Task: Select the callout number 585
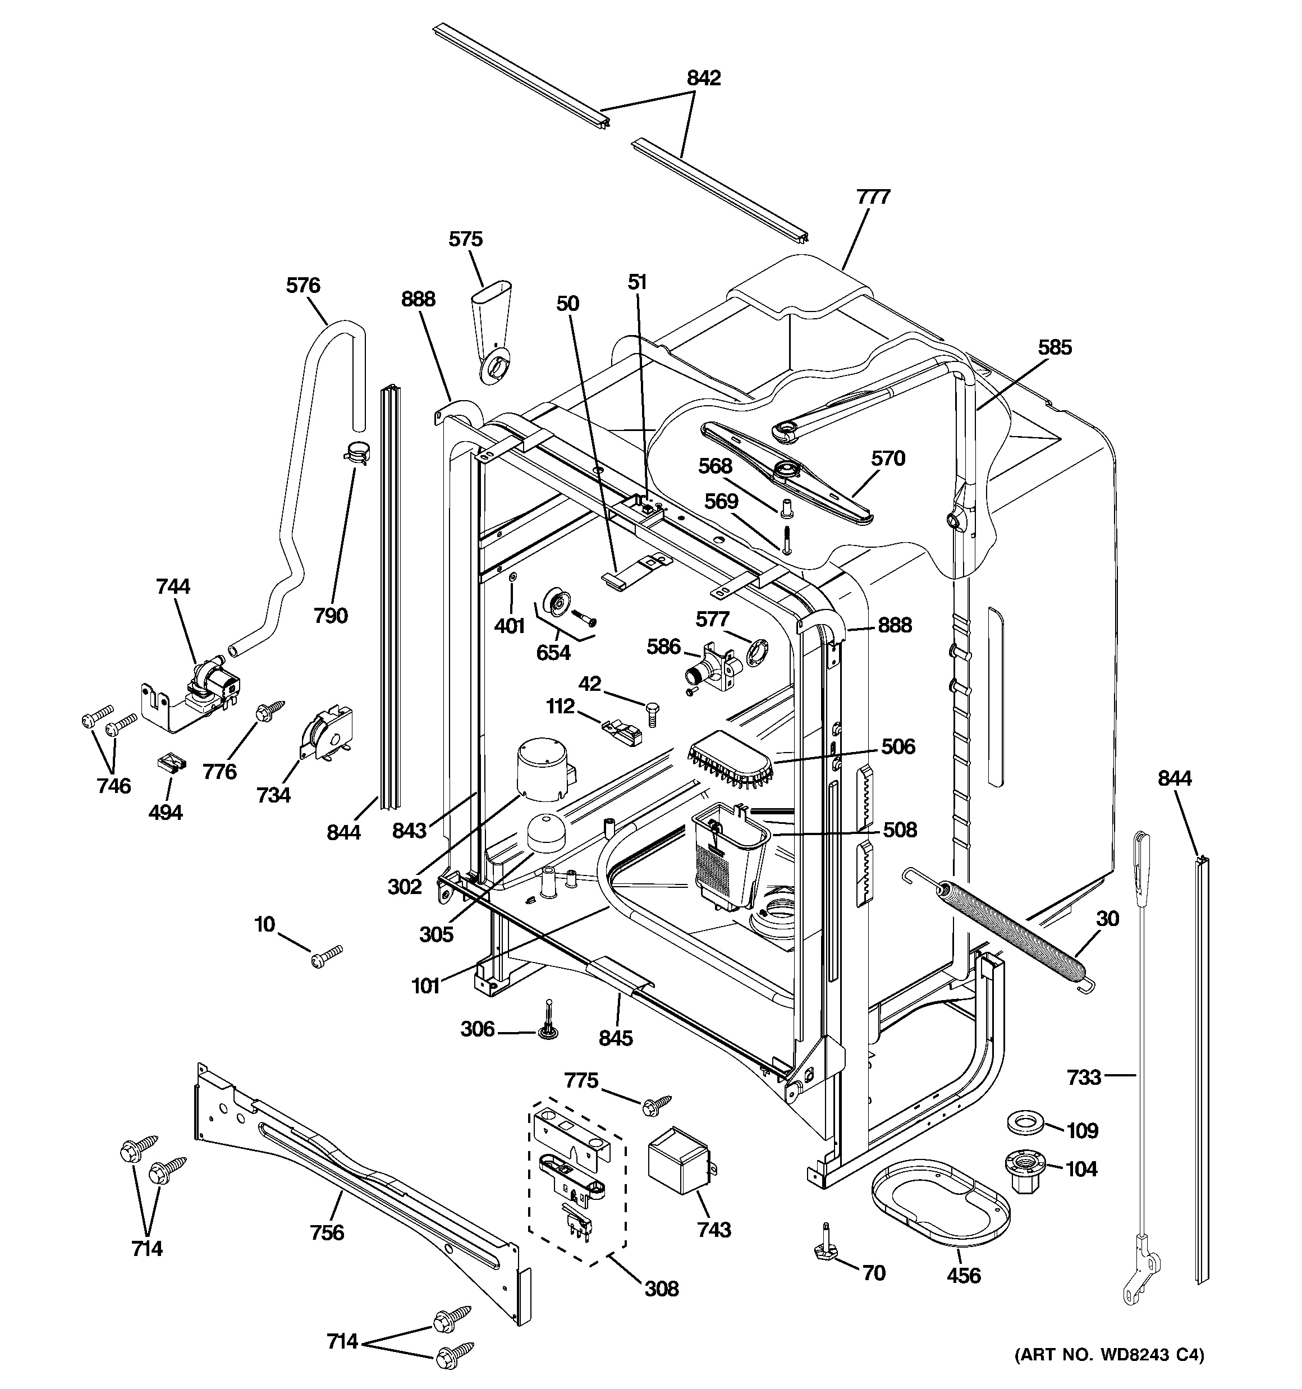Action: click(1054, 347)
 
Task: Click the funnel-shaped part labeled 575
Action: click(492, 332)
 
